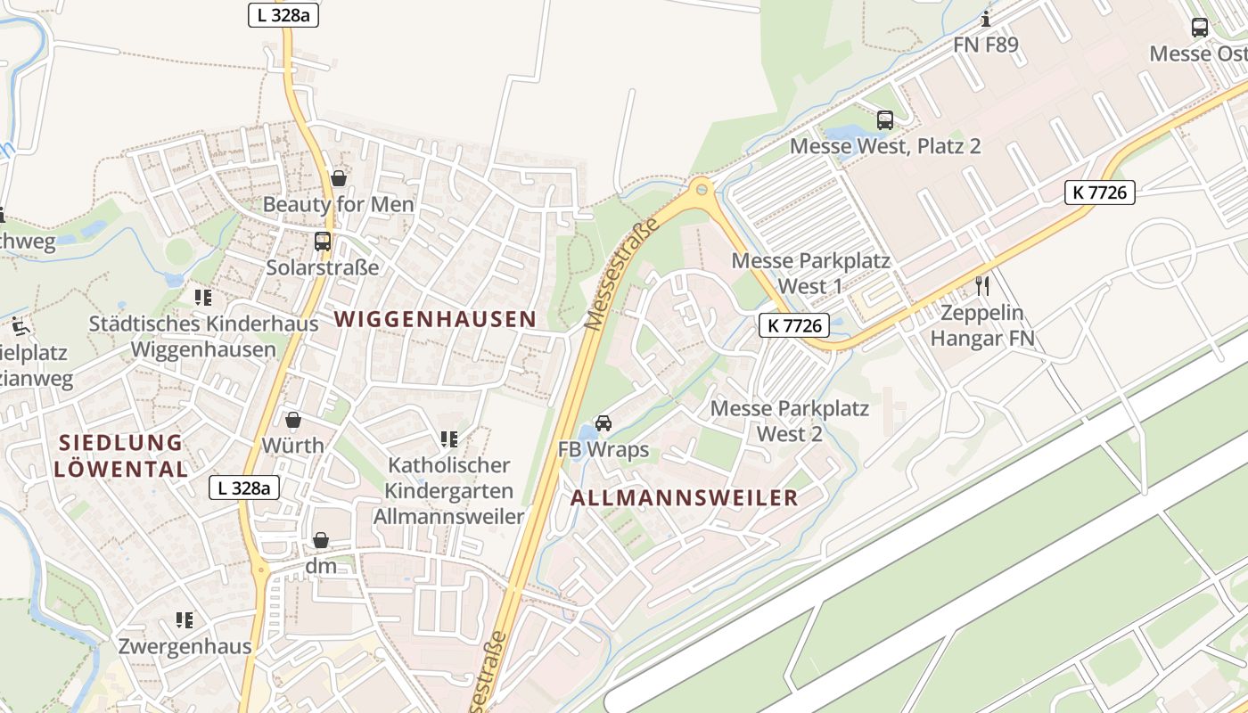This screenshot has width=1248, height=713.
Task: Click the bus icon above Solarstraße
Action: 322,241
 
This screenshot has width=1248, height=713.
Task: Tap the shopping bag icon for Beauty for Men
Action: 338,178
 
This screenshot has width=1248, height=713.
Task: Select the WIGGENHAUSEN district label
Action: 435,319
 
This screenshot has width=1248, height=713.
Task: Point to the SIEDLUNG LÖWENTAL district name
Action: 120,455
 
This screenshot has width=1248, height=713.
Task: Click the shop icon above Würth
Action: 292,420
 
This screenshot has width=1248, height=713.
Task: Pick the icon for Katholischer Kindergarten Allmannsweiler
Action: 449,438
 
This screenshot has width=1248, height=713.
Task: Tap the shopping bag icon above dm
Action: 320,540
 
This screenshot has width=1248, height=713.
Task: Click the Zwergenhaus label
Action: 185,646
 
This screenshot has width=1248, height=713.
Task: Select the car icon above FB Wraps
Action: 603,423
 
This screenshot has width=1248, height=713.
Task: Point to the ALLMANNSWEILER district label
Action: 684,498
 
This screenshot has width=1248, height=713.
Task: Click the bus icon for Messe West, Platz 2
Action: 885,119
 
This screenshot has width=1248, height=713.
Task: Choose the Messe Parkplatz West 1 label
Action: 810,274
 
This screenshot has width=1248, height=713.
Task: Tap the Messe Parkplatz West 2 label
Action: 789,421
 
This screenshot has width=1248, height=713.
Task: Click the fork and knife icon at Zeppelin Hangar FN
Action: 982,286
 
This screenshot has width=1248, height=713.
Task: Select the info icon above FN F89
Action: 986,19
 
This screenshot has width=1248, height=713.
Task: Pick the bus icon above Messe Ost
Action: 1200,28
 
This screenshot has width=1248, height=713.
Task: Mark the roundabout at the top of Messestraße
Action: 702,189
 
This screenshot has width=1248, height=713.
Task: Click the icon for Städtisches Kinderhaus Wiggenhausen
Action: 203,297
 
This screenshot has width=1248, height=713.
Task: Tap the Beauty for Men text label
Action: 338,204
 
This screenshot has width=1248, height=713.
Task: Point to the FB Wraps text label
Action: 603,449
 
